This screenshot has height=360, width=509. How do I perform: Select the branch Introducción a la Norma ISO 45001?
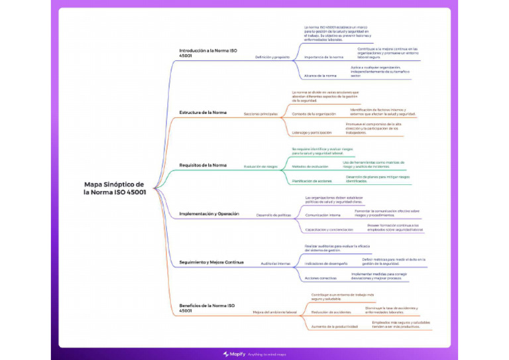(x=208, y=53)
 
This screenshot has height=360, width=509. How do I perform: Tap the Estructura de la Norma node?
(x=203, y=113)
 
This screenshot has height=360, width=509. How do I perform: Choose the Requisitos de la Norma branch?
(x=203, y=165)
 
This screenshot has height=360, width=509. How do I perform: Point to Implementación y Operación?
(x=209, y=214)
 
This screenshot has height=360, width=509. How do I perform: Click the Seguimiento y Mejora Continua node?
(x=211, y=262)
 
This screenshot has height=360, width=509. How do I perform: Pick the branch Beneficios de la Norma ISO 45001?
(x=207, y=308)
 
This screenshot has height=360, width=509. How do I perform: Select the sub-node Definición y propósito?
(x=272, y=57)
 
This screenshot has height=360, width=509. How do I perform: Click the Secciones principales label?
(x=260, y=114)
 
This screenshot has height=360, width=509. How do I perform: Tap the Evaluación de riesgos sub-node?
(x=260, y=166)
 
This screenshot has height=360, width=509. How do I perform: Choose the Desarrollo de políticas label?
(x=274, y=215)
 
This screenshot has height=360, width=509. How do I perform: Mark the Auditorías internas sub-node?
(x=276, y=263)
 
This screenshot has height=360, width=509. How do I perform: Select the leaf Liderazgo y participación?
(x=311, y=133)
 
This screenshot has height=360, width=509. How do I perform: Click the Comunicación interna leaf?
(x=323, y=215)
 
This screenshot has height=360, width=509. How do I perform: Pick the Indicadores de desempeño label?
(x=326, y=263)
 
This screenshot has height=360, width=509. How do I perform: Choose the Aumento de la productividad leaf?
(x=335, y=326)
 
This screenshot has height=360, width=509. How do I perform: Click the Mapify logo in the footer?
(x=232, y=354)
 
